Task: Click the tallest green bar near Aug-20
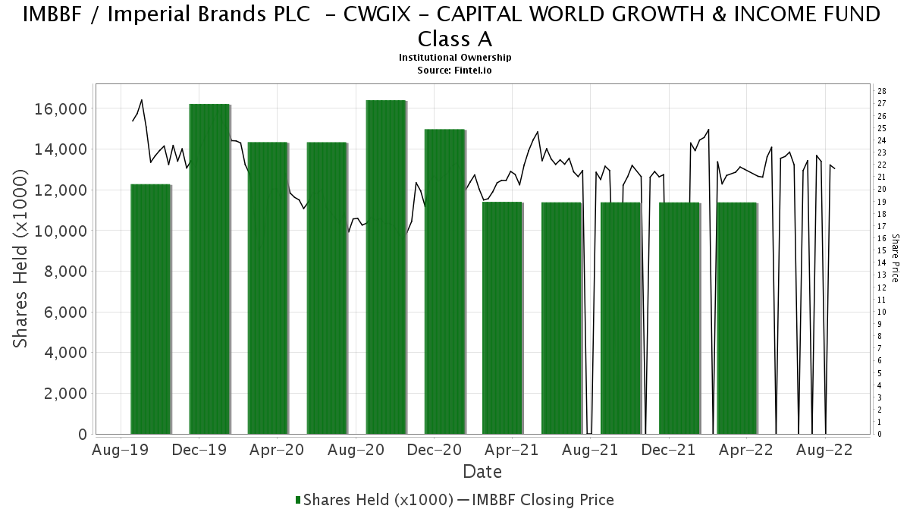(386, 267)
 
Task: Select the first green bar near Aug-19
(150, 309)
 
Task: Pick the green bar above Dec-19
(209, 269)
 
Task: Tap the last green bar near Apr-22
(737, 318)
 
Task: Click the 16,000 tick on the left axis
(61, 109)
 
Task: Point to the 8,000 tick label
(65, 272)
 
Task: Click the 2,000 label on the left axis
(65, 394)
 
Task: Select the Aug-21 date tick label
(590, 450)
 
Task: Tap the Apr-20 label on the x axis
(277, 450)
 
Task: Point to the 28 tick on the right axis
(881, 91)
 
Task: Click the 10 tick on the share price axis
(881, 312)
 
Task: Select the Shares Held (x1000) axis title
(20, 259)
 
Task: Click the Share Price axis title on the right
(895, 259)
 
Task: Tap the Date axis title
(482, 472)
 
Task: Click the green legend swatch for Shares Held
(298, 500)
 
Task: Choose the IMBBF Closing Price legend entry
(536, 500)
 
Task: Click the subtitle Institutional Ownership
(455, 58)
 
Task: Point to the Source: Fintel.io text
(454, 71)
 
